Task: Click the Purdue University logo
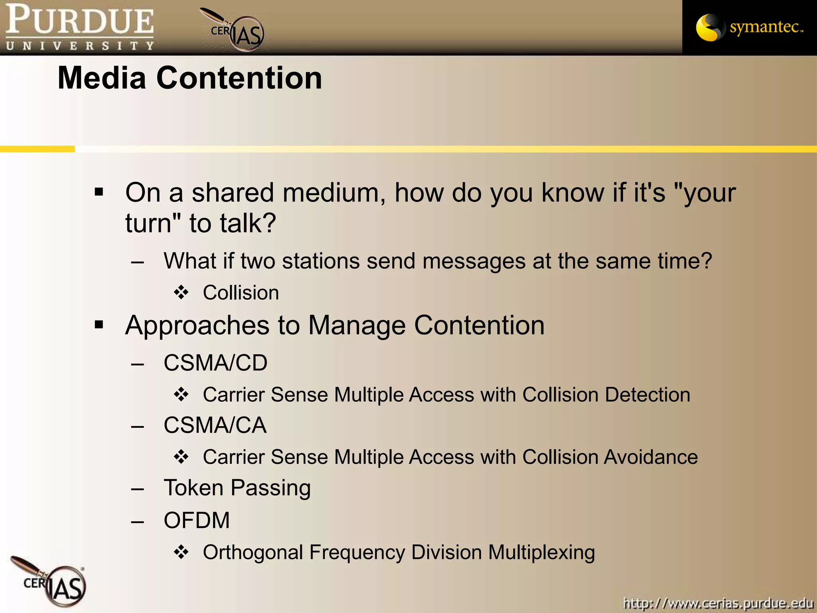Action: pyautogui.click(x=80, y=27)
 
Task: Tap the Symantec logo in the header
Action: pyautogui.click(x=749, y=27)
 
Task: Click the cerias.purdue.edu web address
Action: pyautogui.click(x=718, y=603)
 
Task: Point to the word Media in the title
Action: pyautogui.click(x=102, y=78)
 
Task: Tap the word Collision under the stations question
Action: pyautogui.click(x=241, y=293)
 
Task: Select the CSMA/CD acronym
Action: pyautogui.click(x=215, y=363)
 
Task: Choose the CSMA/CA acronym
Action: pyautogui.click(x=215, y=425)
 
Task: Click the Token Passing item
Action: pyautogui.click(x=237, y=488)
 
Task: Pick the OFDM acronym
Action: pyautogui.click(x=197, y=520)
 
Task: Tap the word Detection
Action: pyautogui.click(x=647, y=395)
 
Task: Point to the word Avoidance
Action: pyautogui.click(x=651, y=457)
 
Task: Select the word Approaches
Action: pyautogui.click(x=197, y=326)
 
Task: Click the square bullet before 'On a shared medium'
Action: pyautogui.click(x=99, y=192)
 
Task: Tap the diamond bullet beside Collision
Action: pyautogui.click(x=181, y=293)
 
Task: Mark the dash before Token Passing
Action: pyautogui.click(x=138, y=488)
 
